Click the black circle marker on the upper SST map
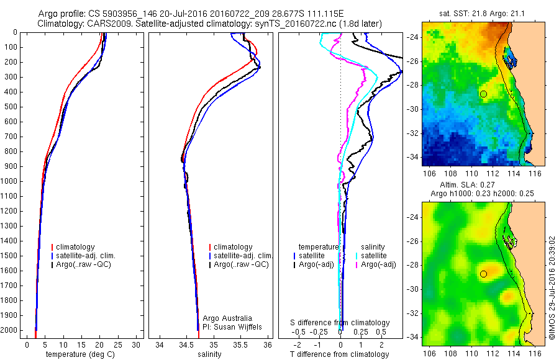tap(483, 94)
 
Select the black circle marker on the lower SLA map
tap(483, 273)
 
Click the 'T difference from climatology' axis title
tap(340, 354)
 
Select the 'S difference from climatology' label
tap(340, 323)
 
